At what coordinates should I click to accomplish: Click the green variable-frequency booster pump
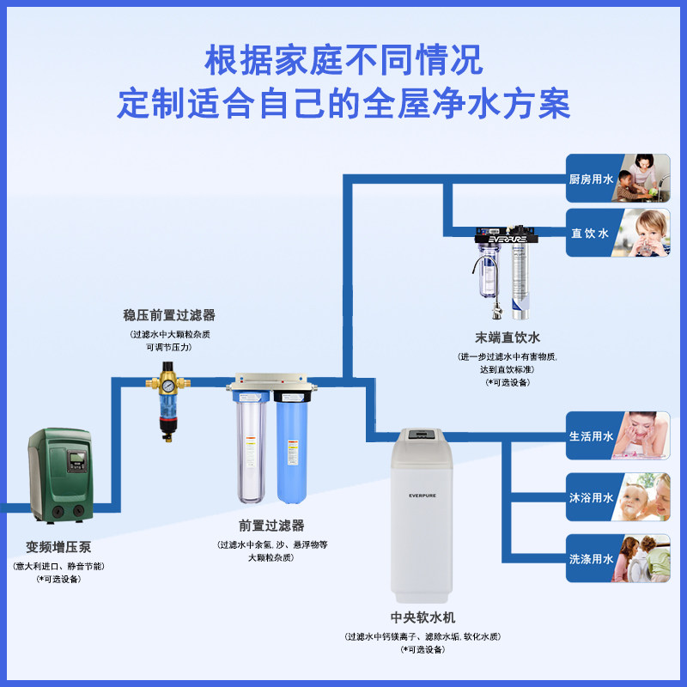pos(59,476)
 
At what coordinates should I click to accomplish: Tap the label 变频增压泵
pos(58,547)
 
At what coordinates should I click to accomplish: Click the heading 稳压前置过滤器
pos(169,315)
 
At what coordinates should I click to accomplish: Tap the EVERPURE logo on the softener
pos(423,494)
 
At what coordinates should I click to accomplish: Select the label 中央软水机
pos(423,617)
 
